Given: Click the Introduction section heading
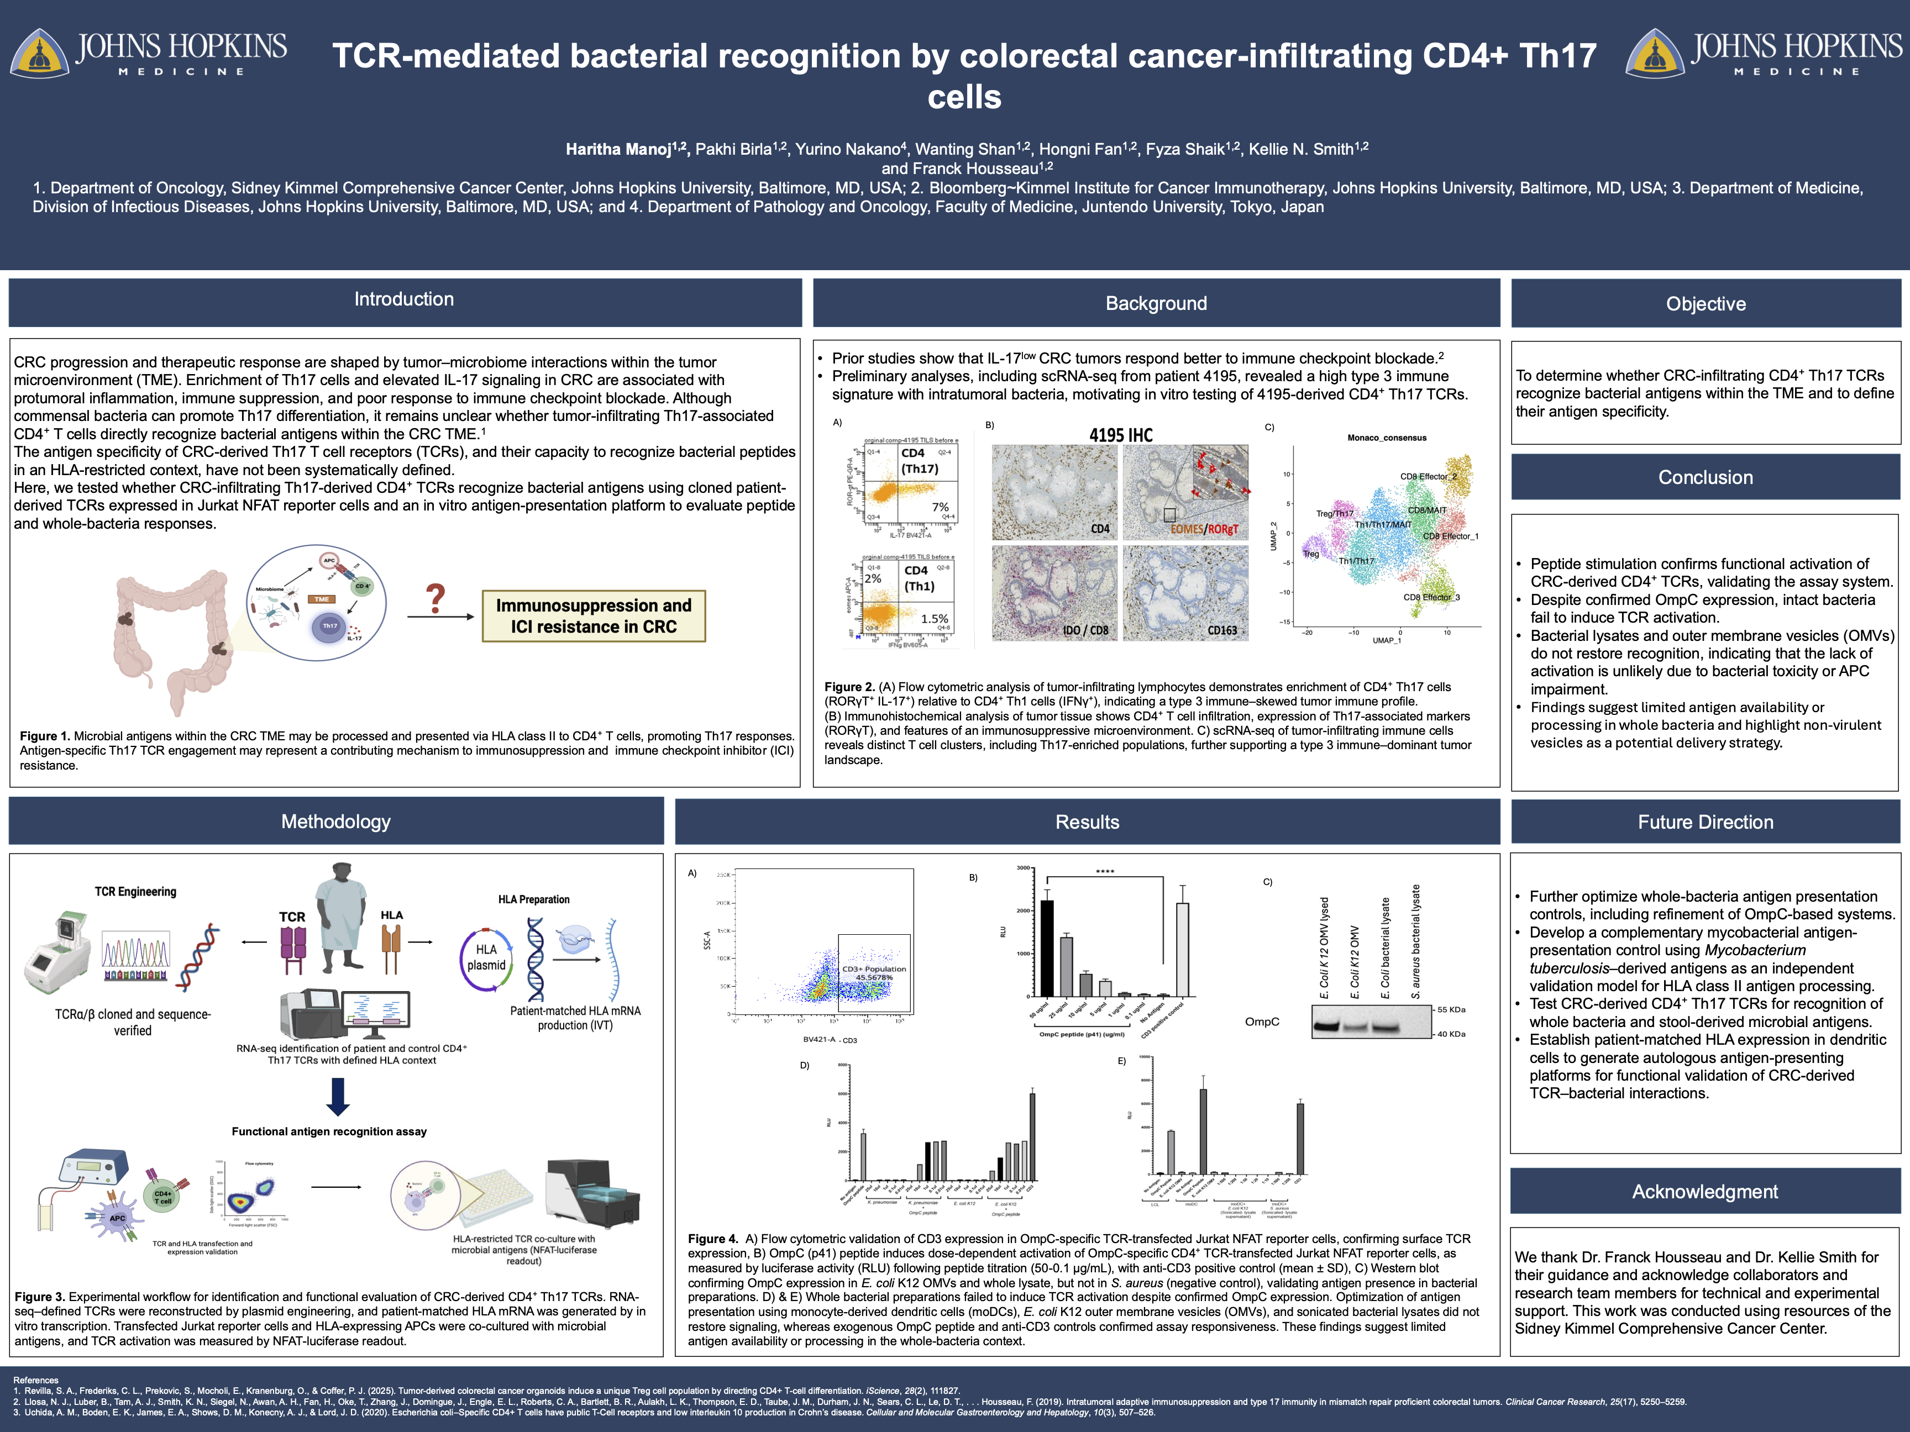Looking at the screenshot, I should (403, 299).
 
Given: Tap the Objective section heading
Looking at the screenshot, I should (1706, 304).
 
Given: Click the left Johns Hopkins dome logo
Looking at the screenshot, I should (39, 54).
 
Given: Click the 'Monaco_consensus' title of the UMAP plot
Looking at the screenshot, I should (1387, 438).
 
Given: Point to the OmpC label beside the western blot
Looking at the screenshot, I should (1262, 1022).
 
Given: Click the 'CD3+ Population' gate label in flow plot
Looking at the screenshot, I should (874, 968).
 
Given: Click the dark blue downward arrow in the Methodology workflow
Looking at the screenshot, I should (338, 1096).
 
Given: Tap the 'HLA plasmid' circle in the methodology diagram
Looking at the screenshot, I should (486, 957).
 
